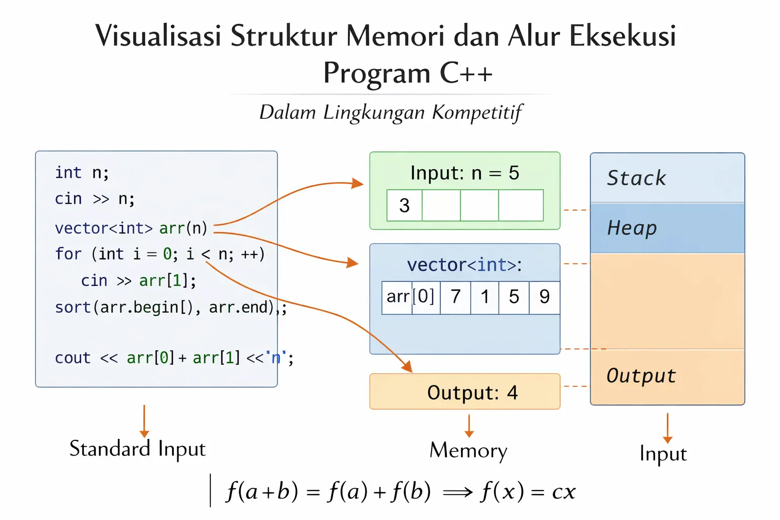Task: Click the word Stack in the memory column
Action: coord(636,178)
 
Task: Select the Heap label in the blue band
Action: coord(632,229)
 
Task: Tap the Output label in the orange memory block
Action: coord(641,376)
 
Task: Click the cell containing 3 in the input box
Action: coord(404,206)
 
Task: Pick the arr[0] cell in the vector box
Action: coord(410,297)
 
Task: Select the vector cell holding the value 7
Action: coord(456,297)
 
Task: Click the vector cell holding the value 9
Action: coord(544,297)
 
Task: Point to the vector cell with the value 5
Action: coord(514,297)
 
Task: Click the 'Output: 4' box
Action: coord(465,392)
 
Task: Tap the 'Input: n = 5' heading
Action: coord(465,173)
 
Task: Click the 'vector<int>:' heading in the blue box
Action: coord(465,265)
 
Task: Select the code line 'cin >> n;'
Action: coord(95,199)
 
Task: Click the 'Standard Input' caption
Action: coord(138,449)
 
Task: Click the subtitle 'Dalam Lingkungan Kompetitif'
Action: coord(391,112)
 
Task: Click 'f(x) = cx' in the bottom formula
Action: coord(528,492)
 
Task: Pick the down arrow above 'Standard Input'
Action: coord(144,421)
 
